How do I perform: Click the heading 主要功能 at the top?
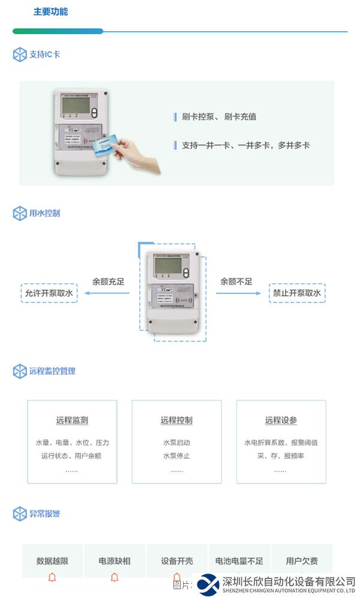point(50,11)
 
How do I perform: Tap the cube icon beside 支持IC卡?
point(20,55)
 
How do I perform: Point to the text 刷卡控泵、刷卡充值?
point(219,117)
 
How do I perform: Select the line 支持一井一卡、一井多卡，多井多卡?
point(245,145)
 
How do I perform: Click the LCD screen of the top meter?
point(76,109)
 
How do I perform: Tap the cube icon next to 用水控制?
point(20,214)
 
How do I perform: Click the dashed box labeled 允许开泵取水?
point(49,293)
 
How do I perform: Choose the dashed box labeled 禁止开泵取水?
point(297,293)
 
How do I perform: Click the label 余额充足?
point(108,281)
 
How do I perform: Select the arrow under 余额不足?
point(239,293)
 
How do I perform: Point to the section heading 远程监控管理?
point(52,371)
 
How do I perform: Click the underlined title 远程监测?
point(72,421)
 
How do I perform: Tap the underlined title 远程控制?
point(176,421)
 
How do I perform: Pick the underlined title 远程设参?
point(281,421)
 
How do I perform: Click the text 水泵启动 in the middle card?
point(176,443)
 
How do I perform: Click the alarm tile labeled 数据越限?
point(52,561)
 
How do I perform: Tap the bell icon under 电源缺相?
point(115,577)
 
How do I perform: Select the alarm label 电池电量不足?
point(239,561)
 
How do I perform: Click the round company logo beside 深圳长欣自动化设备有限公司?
point(209,584)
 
